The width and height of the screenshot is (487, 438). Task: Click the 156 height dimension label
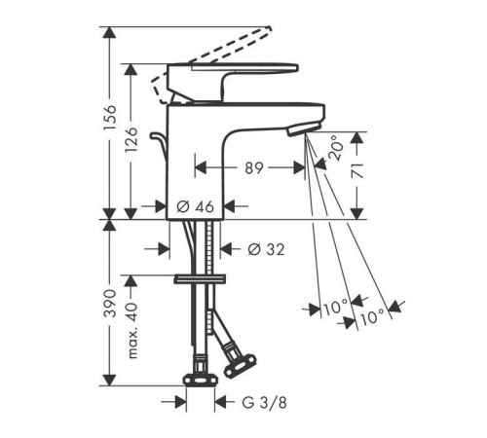[109, 118]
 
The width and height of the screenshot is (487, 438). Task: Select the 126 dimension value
[131, 140]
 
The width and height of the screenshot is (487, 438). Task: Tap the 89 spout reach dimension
[253, 168]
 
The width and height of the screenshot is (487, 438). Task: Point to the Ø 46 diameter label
[196, 206]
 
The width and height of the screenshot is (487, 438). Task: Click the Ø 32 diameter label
[266, 249]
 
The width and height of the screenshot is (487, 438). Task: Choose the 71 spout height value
[357, 170]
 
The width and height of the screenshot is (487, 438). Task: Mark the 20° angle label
[335, 148]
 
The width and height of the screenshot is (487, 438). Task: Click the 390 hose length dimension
[109, 303]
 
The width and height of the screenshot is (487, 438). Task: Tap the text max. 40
[132, 330]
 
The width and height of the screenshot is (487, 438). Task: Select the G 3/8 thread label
[264, 403]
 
